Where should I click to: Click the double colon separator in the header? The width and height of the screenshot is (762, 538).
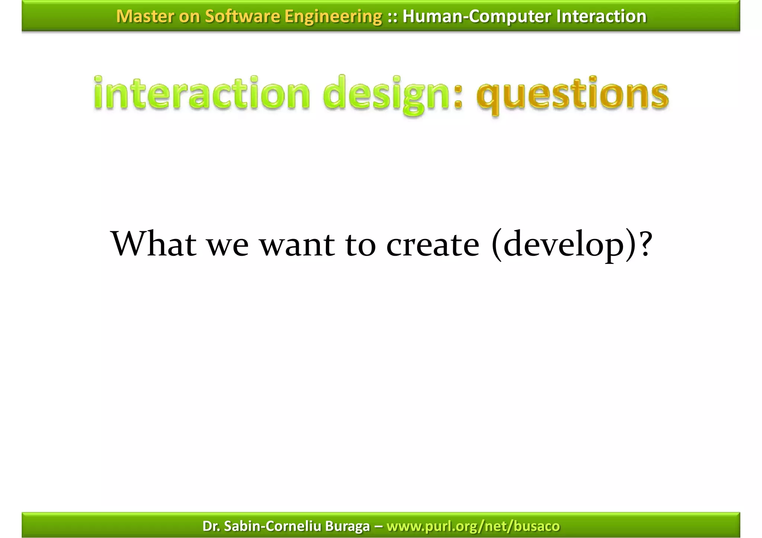pyautogui.click(x=392, y=16)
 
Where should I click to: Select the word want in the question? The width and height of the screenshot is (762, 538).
pyautogui.click(x=297, y=245)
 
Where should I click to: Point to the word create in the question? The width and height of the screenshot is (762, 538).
pyautogui.click(x=433, y=245)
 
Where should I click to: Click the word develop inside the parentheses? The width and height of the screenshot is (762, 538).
pyautogui.click(x=563, y=245)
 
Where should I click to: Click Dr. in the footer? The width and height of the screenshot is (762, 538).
pyautogui.click(x=211, y=526)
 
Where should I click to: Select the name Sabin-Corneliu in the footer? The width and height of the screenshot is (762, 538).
pyautogui.click(x=273, y=526)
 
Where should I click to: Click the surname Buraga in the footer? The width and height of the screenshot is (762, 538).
pyautogui.click(x=347, y=526)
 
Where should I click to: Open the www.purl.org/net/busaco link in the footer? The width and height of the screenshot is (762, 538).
pyautogui.click(x=473, y=526)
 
